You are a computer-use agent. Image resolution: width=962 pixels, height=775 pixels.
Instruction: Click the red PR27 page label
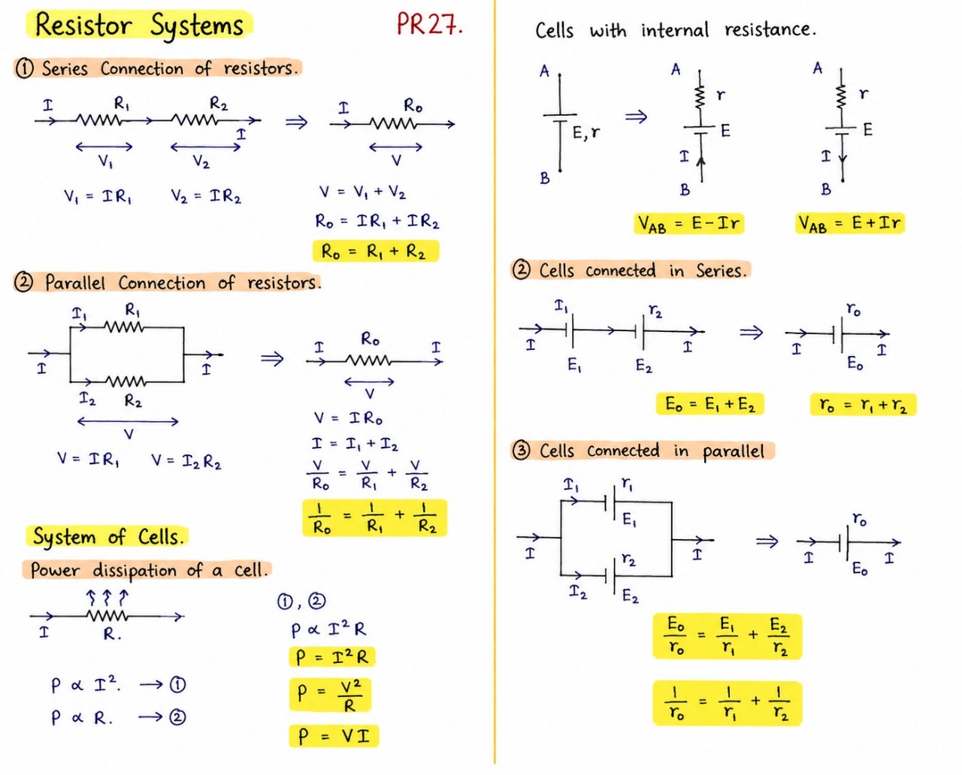tap(429, 24)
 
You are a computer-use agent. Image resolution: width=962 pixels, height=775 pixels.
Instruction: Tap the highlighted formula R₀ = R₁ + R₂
tap(376, 251)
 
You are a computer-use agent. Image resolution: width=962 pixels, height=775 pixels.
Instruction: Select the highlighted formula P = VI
tap(334, 736)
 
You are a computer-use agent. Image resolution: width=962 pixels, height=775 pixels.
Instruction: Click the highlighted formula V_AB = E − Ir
tap(688, 223)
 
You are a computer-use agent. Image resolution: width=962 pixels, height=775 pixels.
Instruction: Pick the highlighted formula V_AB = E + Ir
tap(849, 223)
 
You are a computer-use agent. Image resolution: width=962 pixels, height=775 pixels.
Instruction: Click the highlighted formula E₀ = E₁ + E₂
tap(710, 404)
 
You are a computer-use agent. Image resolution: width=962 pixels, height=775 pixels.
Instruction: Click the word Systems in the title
tap(197, 25)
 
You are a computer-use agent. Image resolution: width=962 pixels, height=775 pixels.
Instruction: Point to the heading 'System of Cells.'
tap(108, 536)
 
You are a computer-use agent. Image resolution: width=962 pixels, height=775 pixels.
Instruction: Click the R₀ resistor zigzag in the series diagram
tap(393, 124)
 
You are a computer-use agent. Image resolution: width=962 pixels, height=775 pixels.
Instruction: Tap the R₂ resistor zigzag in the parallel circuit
tap(126, 382)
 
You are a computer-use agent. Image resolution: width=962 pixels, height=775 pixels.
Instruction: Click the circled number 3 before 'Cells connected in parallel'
tap(521, 451)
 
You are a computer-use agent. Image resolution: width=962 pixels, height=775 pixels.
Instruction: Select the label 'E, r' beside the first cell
tap(586, 133)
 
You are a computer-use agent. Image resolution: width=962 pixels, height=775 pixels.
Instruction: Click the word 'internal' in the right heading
tap(675, 30)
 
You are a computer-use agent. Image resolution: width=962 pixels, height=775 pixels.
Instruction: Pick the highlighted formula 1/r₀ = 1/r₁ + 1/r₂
tap(728, 703)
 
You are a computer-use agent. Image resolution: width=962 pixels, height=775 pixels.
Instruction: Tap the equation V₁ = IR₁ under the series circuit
tap(98, 196)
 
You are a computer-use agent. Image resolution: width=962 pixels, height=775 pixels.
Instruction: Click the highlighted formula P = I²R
tap(331, 657)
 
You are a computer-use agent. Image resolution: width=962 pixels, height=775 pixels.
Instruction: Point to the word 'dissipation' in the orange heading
tap(135, 571)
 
